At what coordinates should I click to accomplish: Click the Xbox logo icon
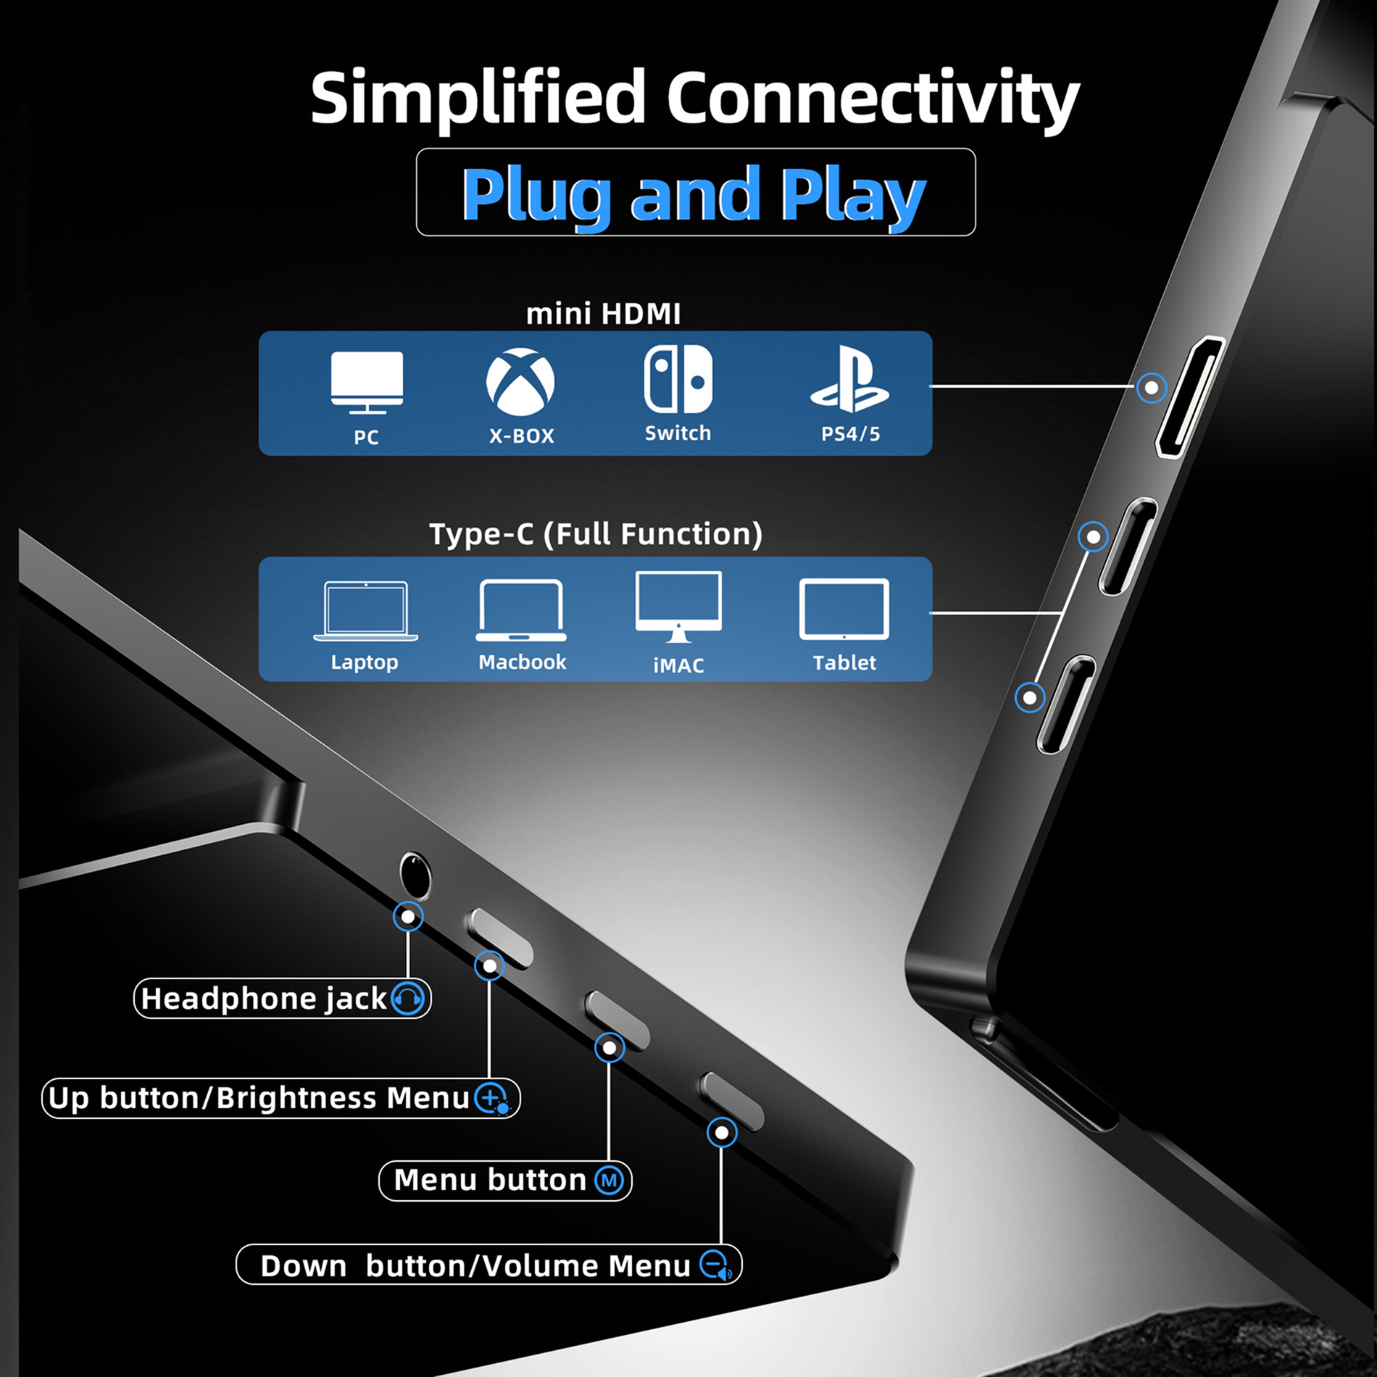520,382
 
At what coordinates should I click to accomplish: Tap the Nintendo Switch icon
678,379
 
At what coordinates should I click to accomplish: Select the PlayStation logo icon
849,379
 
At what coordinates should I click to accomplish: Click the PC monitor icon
367,381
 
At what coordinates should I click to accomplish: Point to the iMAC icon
678,607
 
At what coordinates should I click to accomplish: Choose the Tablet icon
844,610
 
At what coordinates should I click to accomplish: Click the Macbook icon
521,610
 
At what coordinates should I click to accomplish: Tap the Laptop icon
365,611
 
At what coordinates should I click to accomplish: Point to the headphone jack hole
415,875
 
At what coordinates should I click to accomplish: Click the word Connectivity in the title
873,98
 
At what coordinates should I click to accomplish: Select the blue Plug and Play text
694,194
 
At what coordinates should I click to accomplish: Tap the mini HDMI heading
603,314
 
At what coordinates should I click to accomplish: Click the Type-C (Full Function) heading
596,534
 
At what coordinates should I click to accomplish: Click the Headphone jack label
265,999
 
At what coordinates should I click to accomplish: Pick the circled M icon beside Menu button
610,1181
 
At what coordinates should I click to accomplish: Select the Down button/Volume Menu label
475,1266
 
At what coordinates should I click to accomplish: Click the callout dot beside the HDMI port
1151,388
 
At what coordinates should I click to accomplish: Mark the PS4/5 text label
850,434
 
